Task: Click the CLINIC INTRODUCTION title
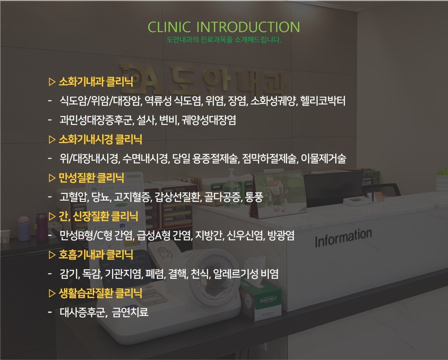(224, 27)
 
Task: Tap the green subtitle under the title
(224, 40)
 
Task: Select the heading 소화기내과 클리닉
(96, 82)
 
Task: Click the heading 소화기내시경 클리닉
(100, 139)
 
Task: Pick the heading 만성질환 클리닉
(91, 178)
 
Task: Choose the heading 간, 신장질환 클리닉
(98, 216)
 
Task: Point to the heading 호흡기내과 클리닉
(96, 254)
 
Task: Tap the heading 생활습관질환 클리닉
(100, 293)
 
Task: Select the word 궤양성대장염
(209, 120)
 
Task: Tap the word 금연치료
(130, 312)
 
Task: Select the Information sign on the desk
(343, 238)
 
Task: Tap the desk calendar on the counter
(277, 194)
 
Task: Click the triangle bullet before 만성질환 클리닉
(52, 178)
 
